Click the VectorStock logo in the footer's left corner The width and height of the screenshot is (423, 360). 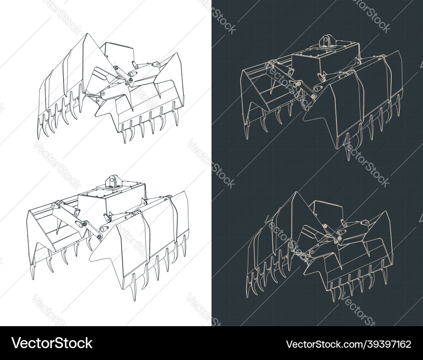point(52,343)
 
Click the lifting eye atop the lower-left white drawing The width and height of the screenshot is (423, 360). point(113,181)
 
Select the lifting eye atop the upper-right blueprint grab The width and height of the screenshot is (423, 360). point(327,41)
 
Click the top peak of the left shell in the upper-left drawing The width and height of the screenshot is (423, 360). point(86,35)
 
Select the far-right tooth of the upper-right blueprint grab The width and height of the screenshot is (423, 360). point(398,111)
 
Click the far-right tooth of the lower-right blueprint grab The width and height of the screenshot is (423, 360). point(386,267)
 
